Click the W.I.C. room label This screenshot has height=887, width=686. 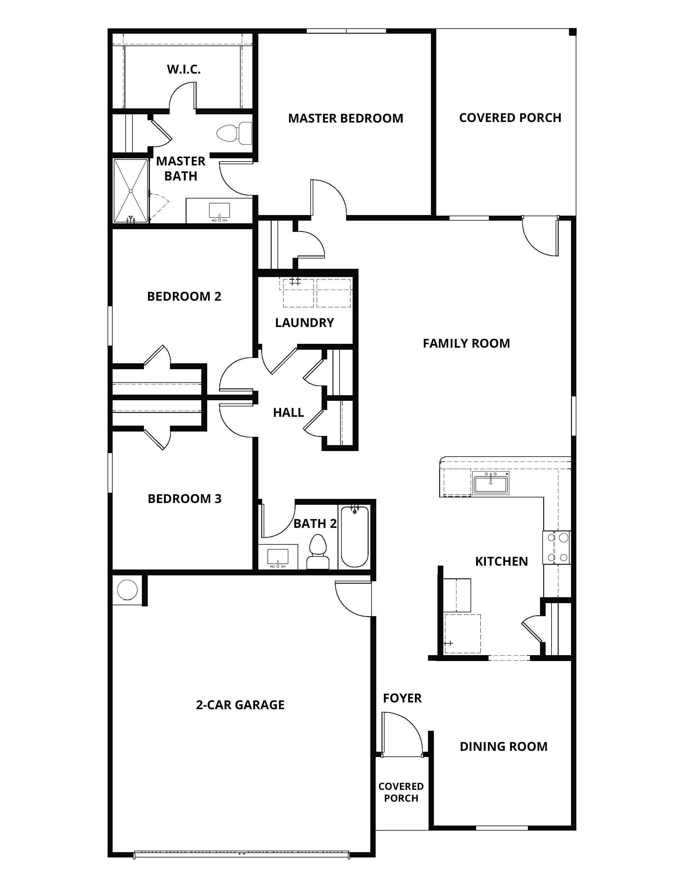click(184, 69)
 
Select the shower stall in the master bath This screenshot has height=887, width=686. click(130, 191)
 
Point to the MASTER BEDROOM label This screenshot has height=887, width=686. click(346, 119)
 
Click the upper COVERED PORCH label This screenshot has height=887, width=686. click(510, 118)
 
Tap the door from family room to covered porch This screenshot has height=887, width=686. click(541, 237)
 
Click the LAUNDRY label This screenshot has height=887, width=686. click(304, 323)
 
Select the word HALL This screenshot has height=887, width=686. click(288, 413)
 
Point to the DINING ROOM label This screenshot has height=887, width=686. click(504, 746)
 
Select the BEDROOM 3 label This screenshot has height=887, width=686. click(184, 499)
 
